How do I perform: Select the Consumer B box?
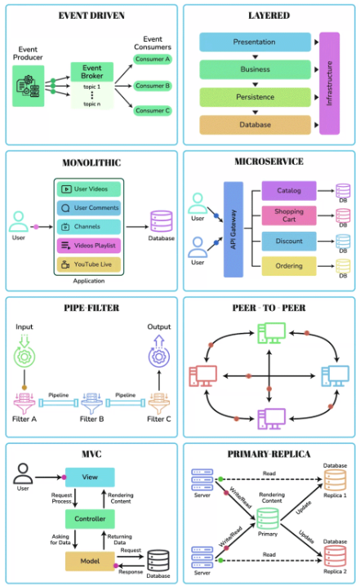[x=152, y=86]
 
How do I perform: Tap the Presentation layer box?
[x=254, y=42]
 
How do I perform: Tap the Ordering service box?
[x=288, y=265]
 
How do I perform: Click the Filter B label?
[x=91, y=421]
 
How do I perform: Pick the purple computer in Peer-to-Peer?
[x=270, y=417]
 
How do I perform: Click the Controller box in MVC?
[x=89, y=519]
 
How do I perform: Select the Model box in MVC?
[x=89, y=561]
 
